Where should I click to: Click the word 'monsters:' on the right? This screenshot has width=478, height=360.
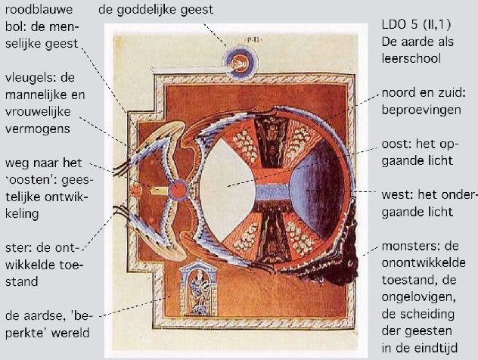coord(400,249)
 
